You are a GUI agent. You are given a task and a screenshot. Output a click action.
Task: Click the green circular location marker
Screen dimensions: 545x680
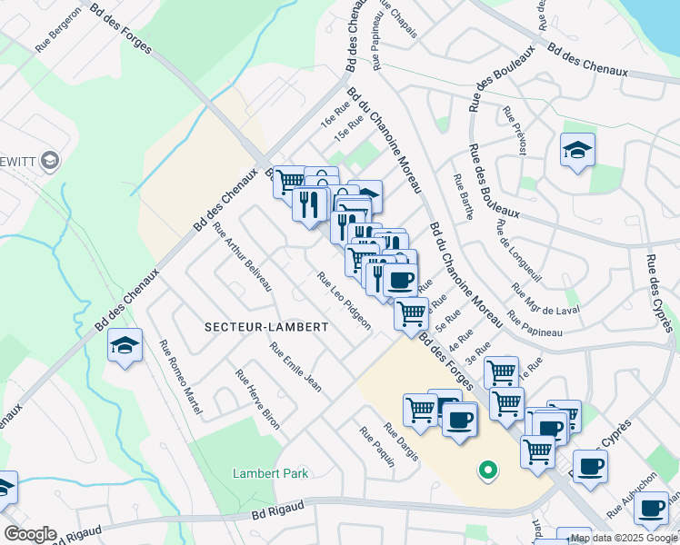click(x=488, y=470)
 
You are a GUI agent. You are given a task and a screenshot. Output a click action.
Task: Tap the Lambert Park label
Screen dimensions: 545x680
click(x=271, y=473)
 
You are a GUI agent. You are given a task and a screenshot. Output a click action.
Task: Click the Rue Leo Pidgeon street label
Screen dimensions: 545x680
click(x=344, y=302)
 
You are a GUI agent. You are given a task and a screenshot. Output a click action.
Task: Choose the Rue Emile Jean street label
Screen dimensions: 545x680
click(x=295, y=367)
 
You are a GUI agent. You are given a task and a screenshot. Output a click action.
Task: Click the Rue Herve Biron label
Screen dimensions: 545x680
click(x=257, y=399)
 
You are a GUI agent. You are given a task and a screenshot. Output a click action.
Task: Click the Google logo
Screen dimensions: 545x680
click(x=30, y=534)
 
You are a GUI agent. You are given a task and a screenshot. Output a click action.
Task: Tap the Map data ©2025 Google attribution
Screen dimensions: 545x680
click(x=623, y=538)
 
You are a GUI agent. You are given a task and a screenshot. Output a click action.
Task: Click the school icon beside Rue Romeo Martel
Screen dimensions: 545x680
click(x=125, y=345)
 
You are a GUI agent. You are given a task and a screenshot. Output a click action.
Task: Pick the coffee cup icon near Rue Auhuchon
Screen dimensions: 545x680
click(x=591, y=467)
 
